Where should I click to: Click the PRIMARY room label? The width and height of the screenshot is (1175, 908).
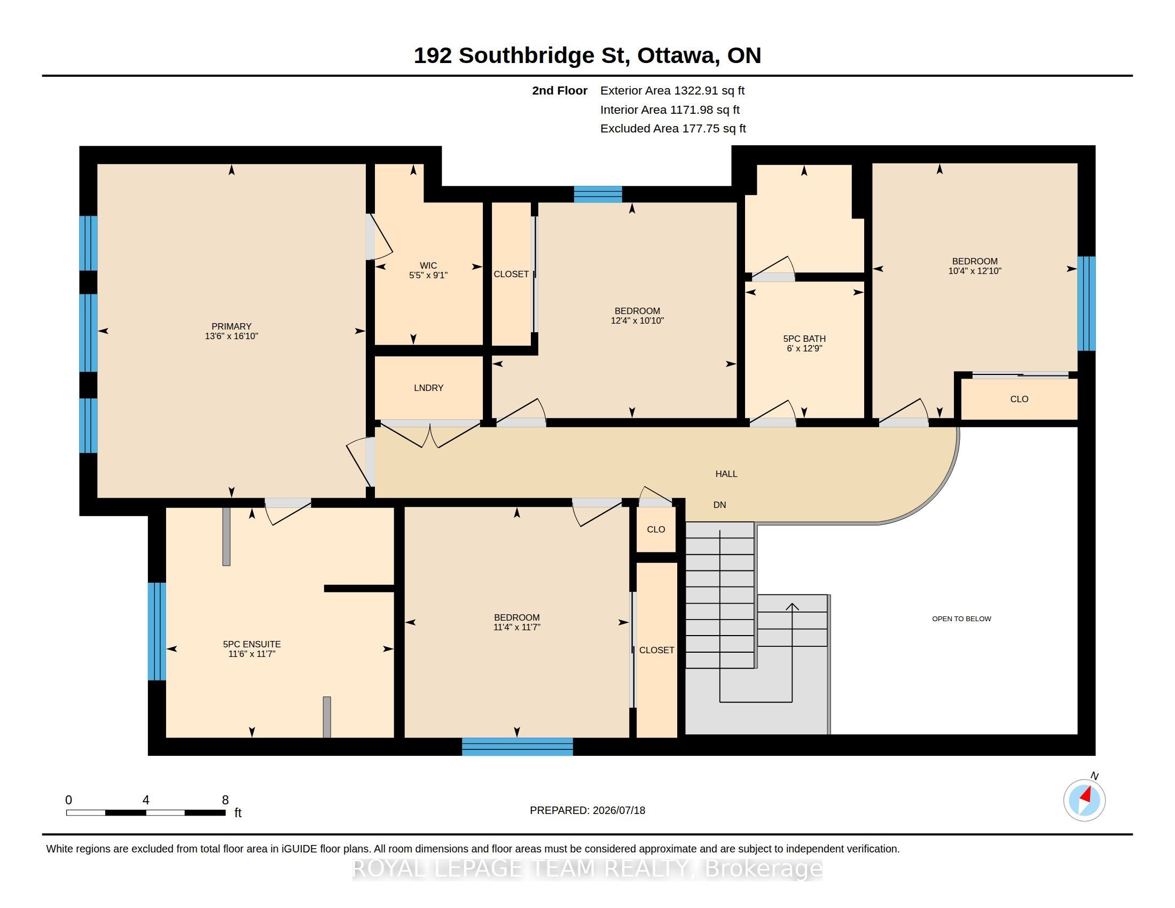(231, 326)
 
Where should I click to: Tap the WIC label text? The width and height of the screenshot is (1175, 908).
(428, 265)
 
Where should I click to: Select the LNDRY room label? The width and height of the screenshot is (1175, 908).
(428, 388)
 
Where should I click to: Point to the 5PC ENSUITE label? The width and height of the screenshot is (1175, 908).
(252, 644)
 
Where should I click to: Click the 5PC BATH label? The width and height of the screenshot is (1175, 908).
(804, 338)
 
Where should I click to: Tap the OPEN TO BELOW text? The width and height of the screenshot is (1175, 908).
(961, 619)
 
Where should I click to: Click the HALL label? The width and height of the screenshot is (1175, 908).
(726, 474)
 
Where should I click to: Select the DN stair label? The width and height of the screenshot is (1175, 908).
(720, 505)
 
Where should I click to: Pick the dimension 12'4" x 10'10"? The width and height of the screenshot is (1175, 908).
(638, 320)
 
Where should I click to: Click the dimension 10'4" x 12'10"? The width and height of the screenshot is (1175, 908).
(975, 271)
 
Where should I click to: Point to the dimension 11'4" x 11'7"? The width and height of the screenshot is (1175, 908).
(517, 627)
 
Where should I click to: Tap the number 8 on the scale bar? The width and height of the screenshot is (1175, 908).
(225, 800)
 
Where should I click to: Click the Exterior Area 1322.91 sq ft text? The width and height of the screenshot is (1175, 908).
(672, 90)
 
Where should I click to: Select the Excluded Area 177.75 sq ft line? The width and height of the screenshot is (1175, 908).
(673, 129)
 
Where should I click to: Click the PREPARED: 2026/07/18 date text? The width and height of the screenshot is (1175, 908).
(587, 810)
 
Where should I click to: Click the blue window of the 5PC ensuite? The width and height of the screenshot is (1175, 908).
(156, 631)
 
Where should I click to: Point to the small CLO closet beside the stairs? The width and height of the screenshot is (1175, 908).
(656, 529)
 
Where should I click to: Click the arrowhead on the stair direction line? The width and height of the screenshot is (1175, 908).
(792, 607)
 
